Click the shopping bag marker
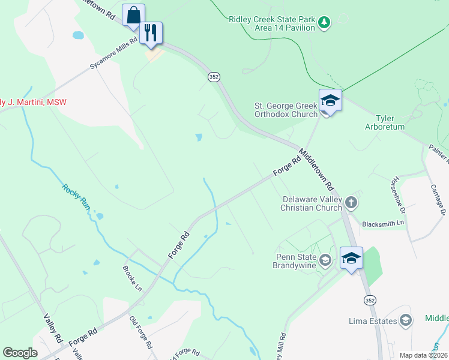(133, 15)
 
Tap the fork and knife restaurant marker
(151, 34)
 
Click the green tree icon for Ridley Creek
(324, 23)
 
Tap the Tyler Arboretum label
(385, 122)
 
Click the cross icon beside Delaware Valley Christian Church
(351, 203)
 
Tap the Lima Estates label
(373, 320)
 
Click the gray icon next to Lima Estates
(405, 320)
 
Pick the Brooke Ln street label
(132, 278)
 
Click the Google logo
(20, 353)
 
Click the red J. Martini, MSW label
(33, 102)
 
